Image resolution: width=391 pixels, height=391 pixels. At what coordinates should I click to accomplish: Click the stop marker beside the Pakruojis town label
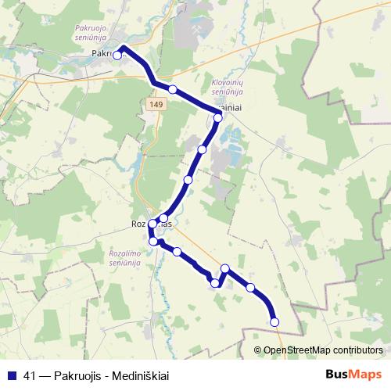[117, 56]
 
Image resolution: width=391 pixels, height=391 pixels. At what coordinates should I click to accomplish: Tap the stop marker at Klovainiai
[218, 117]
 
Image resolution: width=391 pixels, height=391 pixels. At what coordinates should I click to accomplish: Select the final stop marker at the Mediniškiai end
[274, 321]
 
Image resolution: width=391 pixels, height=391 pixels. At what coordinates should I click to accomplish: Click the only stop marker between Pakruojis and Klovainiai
[173, 89]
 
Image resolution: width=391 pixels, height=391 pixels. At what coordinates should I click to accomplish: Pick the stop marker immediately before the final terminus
[251, 288]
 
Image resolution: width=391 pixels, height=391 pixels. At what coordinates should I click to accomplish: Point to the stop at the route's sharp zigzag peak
[225, 269]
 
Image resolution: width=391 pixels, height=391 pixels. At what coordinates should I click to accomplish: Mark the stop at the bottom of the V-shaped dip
[215, 282]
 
